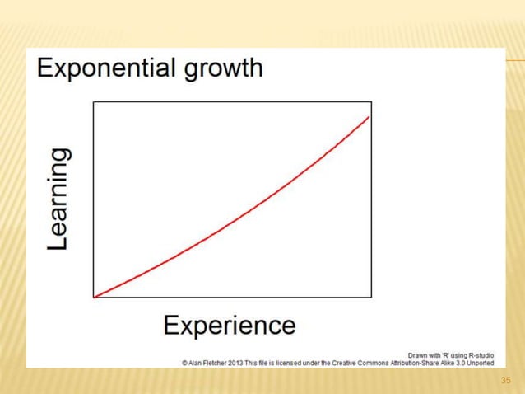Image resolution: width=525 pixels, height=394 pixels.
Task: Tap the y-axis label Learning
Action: tap(58, 199)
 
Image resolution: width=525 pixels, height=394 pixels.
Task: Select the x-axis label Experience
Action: tap(229, 325)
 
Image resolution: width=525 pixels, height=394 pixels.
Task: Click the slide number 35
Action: tap(506, 380)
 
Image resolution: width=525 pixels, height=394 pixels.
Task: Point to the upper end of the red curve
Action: tap(369, 117)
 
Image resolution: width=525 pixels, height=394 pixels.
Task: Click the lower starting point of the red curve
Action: tap(95, 296)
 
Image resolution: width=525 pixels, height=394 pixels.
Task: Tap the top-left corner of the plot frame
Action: tap(94, 102)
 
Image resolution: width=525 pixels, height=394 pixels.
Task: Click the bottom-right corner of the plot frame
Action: tap(371, 297)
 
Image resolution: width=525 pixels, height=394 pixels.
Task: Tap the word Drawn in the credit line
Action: tap(419, 354)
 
